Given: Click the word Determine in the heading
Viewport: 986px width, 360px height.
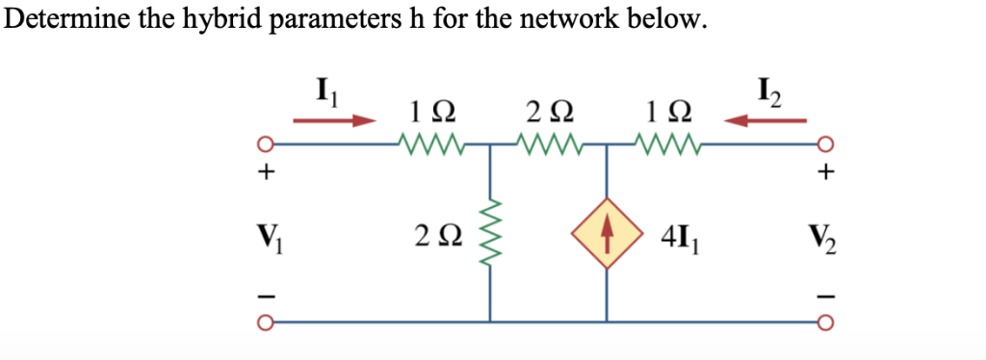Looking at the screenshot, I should (65, 20).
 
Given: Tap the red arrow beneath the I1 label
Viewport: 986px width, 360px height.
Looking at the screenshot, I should (334, 121).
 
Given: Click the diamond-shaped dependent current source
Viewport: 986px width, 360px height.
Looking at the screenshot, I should (607, 234).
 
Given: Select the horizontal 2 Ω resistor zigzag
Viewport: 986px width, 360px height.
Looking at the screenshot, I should (548, 147).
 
